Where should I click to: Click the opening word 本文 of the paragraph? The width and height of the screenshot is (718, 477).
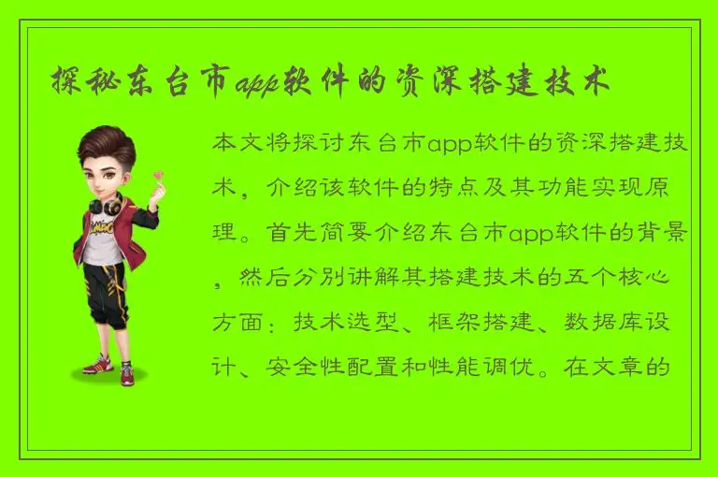click(237, 145)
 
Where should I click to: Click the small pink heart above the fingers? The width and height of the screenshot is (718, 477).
click(159, 174)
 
